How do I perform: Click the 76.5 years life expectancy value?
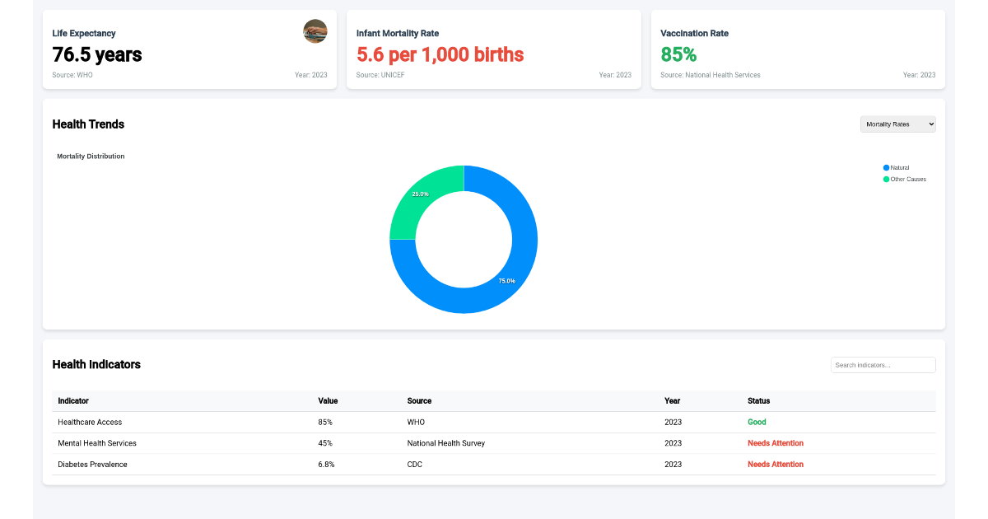[x=96, y=55]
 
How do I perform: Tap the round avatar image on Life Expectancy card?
[x=315, y=31]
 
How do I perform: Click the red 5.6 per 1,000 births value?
[x=440, y=55]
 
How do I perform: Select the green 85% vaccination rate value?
[x=678, y=55]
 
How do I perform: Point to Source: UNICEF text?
[x=380, y=75]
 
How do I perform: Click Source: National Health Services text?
[x=710, y=75]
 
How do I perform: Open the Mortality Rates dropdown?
[x=897, y=124]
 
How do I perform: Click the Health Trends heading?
[x=88, y=124]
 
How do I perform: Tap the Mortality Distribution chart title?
[x=91, y=156]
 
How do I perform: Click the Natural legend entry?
[x=898, y=167]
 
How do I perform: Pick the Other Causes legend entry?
[x=906, y=179]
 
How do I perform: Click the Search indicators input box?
[x=883, y=365]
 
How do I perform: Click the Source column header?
[x=419, y=401]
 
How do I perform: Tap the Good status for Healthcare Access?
[x=757, y=422]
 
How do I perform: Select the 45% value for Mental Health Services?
[x=325, y=443]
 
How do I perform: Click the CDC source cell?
[x=415, y=465]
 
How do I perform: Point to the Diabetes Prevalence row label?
[x=92, y=465]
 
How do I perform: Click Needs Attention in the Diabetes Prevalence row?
[x=775, y=465]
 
